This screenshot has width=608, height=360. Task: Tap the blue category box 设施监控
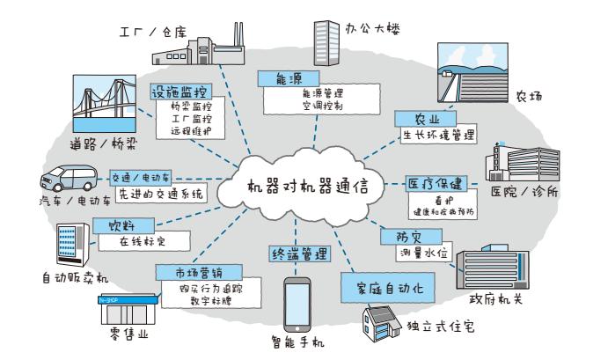click(179, 91)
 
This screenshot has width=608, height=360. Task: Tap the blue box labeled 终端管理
click(300, 254)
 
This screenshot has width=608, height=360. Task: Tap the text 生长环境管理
click(438, 136)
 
